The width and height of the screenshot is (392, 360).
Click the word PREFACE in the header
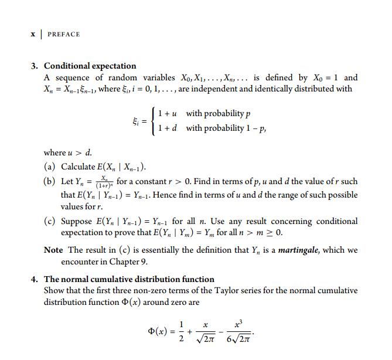[x=64, y=34]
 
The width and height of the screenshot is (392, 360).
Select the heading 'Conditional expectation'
[x=90, y=66]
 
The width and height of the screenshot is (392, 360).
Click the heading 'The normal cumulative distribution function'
[x=129, y=279]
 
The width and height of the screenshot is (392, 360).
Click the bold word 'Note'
[x=54, y=250]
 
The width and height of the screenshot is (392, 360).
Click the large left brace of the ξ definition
[x=153, y=120]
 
